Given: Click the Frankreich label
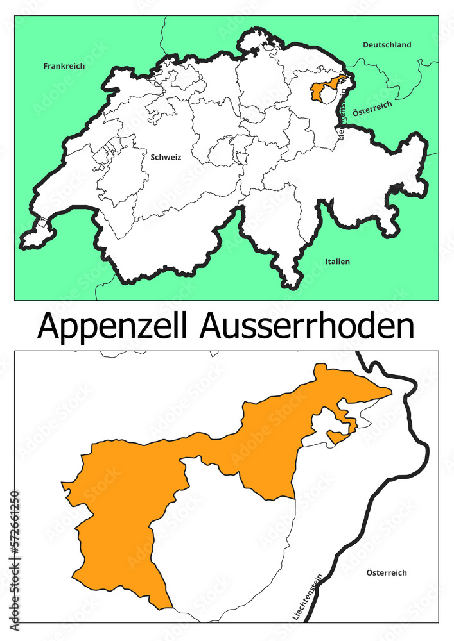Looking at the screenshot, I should [64, 66].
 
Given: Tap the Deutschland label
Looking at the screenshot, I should [387, 45].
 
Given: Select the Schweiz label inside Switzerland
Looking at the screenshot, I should [166, 156].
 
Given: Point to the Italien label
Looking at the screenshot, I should [337, 262].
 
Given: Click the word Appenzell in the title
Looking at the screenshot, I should [113, 327].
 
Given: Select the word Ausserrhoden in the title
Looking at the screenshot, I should [307, 327].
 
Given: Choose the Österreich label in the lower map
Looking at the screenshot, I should [386, 572].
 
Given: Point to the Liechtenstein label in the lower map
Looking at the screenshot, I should [314, 596].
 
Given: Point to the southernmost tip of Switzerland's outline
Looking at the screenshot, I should [291, 285].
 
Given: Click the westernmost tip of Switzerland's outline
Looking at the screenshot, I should [24, 242].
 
